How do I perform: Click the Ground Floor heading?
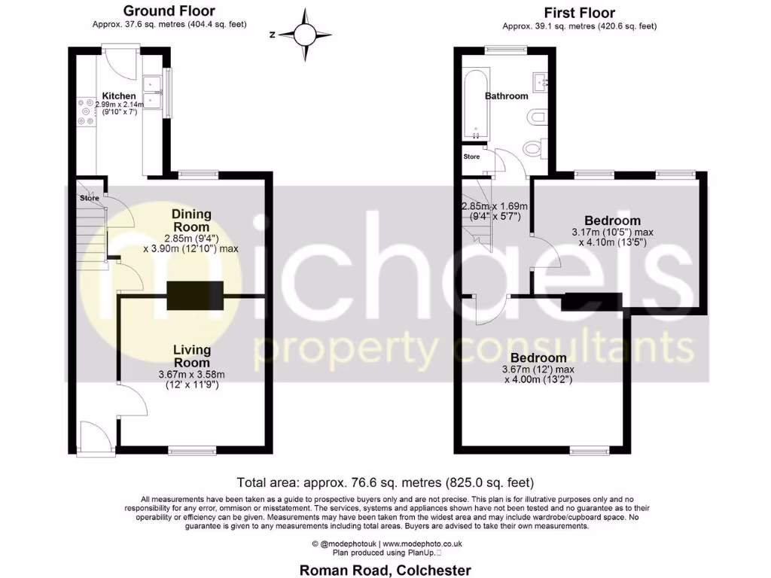tap(168, 11)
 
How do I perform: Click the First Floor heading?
tap(579, 13)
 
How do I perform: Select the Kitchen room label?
tap(119, 96)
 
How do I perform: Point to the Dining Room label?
tap(191, 221)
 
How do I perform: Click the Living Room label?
tap(191, 357)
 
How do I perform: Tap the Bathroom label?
tap(506, 96)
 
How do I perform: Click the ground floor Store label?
tap(90, 199)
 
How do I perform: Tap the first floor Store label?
tap(471, 157)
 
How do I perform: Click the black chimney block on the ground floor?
tap(195, 295)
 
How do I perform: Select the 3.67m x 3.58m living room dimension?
tap(191, 375)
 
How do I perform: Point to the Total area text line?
tap(385, 482)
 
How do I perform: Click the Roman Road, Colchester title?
tap(385, 570)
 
